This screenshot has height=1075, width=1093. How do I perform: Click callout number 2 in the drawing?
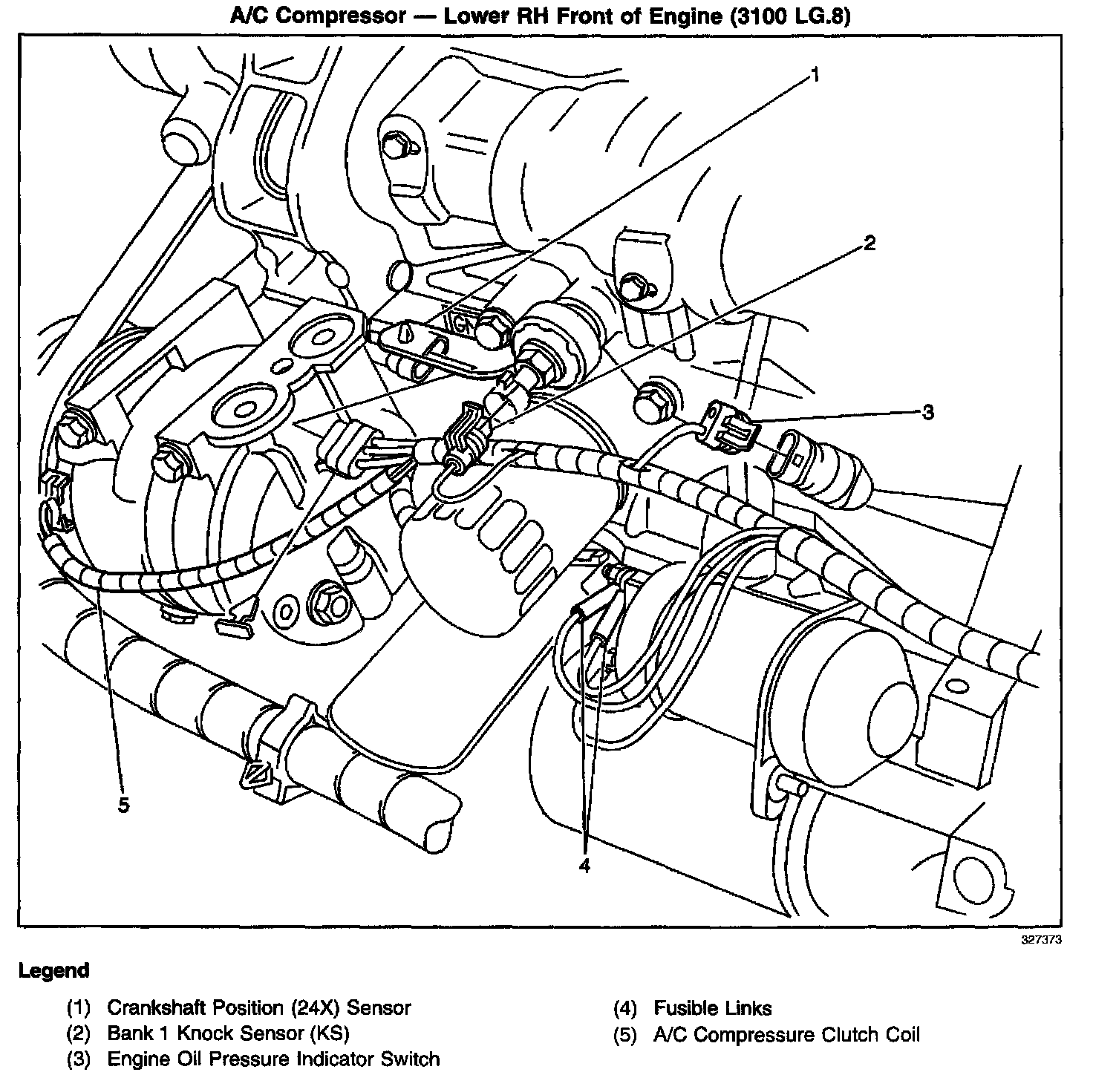(x=869, y=243)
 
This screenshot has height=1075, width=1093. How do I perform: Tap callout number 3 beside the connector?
(x=927, y=412)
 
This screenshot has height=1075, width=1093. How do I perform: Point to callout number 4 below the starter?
(x=584, y=865)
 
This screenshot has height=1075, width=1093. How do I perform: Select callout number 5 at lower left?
(x=123, y=805)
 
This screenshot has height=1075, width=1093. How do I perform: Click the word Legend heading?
(x=53, y=970)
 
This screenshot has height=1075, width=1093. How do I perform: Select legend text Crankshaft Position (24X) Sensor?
(x=258, y=1008)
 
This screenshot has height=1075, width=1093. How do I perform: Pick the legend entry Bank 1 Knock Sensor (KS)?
(x=228, y=1033)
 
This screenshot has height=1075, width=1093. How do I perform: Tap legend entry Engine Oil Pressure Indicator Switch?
(x=273, y=1059)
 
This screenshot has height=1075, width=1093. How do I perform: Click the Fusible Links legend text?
(x=712, y=1008)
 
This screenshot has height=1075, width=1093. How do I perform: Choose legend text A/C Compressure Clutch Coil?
(x=786, y=1034)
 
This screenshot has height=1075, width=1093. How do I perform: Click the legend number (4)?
(x=625, y=1009)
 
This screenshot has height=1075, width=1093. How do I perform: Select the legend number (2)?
(x=79, y=1034)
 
